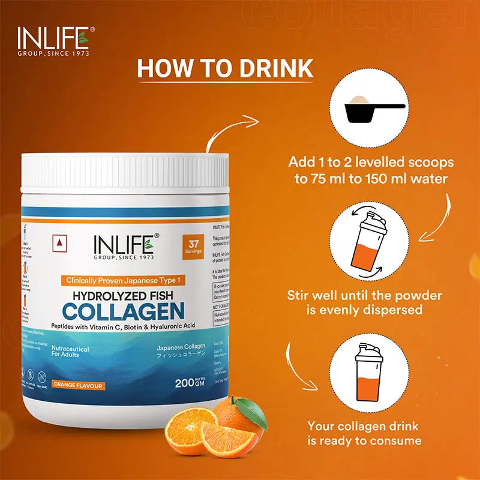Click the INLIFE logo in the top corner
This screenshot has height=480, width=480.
[x=53, y=40]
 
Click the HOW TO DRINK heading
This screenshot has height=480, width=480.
[x=225, y=67]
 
